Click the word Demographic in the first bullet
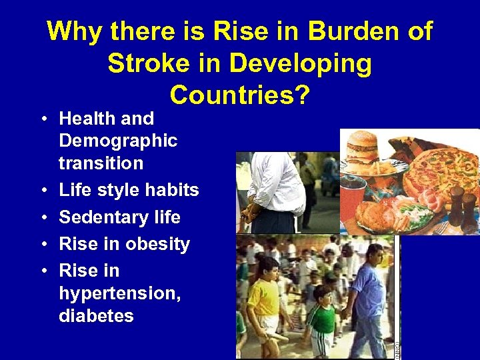[x=118, y=141]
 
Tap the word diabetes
[x=96, y=315]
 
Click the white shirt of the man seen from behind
[x=276, y=180]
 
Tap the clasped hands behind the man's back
[x=251, y=212]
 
